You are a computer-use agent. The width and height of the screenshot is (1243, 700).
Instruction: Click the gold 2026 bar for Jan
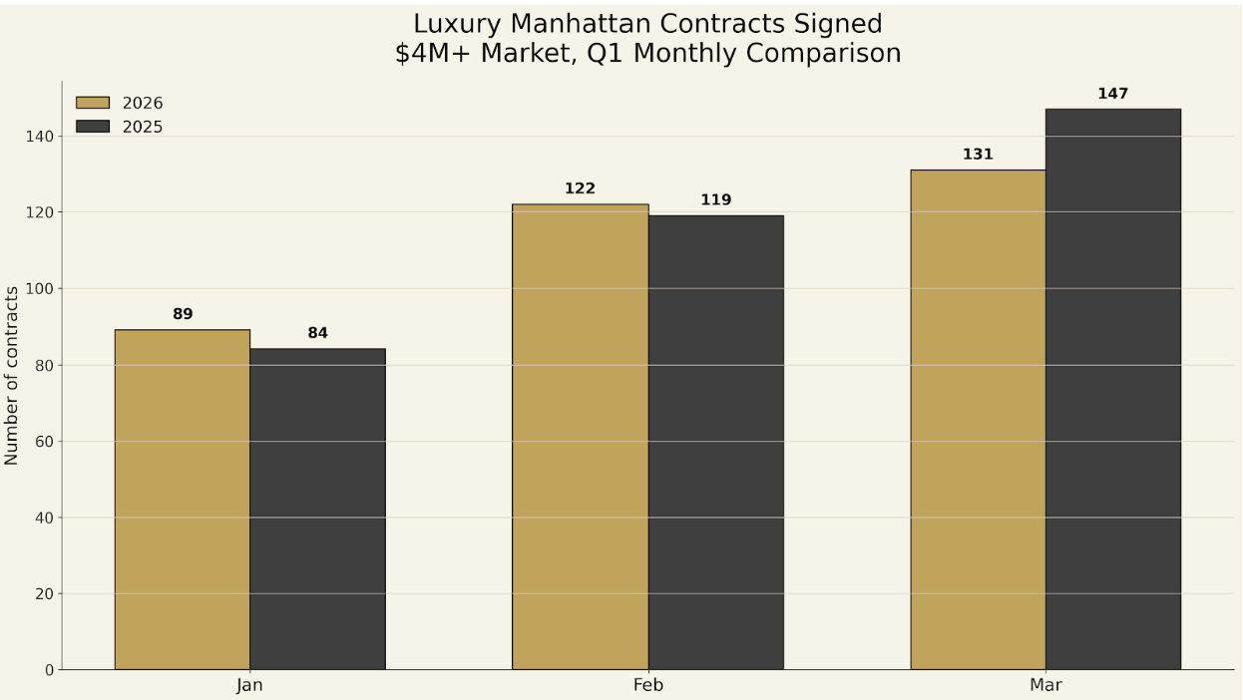tap(183, 500)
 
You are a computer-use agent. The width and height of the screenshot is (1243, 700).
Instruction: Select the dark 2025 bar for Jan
tap(317, 509)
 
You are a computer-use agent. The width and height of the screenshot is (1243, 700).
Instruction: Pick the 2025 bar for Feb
tap(715, 443)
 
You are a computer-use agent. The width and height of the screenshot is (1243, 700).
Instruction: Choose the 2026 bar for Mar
tap(978, 420)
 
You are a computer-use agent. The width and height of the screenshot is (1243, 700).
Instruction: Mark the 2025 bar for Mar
tap(1112, 389)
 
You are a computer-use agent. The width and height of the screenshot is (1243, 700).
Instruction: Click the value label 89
tap(183, 314)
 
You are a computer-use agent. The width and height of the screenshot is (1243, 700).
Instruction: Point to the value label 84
tap(317, 333)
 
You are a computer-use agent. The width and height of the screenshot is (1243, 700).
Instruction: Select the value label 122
tap(580, 188)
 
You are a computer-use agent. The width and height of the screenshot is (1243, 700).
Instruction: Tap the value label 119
tap(715, 200)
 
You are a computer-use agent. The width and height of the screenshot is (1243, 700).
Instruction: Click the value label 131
tap(978, 155)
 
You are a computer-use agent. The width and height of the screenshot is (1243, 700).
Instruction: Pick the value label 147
tap(1112, 94)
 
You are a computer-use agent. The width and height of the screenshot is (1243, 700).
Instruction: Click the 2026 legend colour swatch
tap(93, 103)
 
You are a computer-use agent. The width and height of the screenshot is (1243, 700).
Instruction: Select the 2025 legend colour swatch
tap(93, 127)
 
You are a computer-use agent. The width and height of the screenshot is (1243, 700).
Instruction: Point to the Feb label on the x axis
tap(647, 686)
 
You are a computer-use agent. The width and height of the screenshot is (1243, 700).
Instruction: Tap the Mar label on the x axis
tap(1045, 686)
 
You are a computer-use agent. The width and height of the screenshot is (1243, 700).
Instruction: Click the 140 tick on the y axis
tap(41, 136)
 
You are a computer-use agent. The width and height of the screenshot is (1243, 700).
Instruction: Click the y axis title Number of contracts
tap(12, 376)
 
